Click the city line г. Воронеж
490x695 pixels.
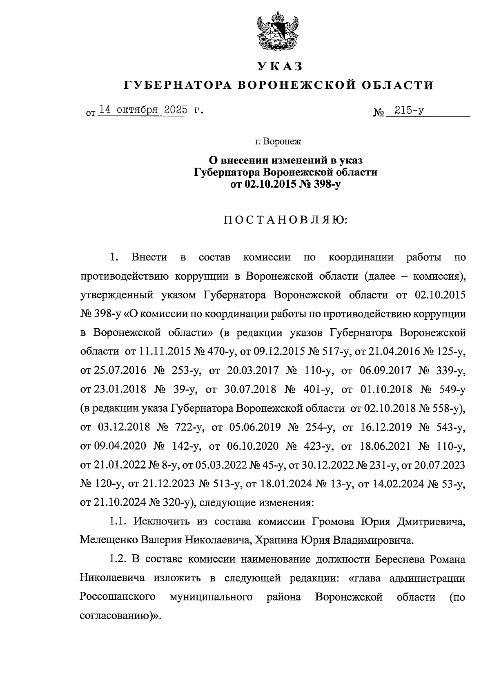278,142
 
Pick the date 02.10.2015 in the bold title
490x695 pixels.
268,184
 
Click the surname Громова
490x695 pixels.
333,522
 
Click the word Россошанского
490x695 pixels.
118,597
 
